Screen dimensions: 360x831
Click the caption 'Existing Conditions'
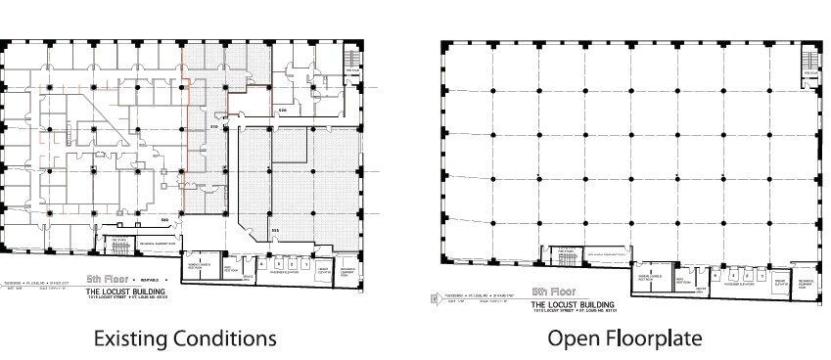pos(184,338)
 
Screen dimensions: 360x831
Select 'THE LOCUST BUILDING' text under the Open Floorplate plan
pos(567,302)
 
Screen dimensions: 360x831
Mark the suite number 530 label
pos(282,111)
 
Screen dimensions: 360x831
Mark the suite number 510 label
pos(215,128)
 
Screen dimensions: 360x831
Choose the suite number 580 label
pos(164,217)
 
